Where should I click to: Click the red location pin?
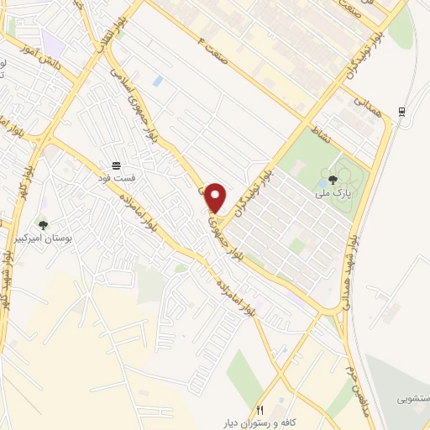216,197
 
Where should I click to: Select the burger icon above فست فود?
116,165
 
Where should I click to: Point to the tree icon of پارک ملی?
333,179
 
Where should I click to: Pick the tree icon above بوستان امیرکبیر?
43,225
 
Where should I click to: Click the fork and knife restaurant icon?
260,410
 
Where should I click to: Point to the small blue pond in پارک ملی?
324,203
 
